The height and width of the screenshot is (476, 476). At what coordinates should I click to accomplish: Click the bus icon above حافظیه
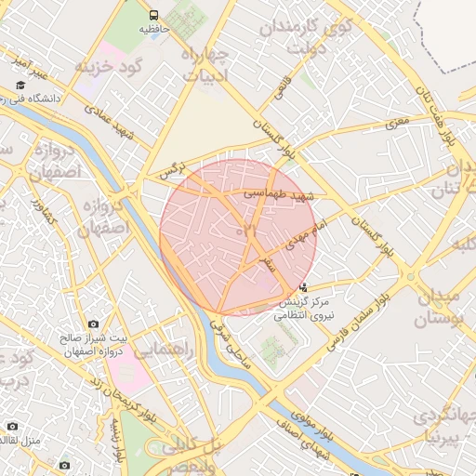[x=153, y=15]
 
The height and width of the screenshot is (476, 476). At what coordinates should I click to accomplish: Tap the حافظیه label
[x=155, y=30]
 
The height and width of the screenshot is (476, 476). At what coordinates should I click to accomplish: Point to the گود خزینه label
[x=99, y=66]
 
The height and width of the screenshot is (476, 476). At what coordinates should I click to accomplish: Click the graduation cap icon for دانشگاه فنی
[x=19, y=85]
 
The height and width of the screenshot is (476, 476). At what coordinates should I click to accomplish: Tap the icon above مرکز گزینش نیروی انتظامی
[x=304, y=288]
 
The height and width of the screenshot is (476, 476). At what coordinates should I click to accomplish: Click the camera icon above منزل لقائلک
[x=11, y=426]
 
